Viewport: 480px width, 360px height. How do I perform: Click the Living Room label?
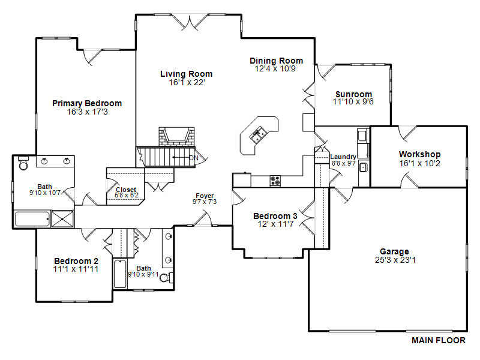pos(186,74)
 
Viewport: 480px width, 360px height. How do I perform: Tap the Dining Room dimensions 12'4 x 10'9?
pos(275,68)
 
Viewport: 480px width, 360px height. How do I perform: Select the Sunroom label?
pos(353,94)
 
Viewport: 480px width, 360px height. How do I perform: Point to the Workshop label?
pos(419,154)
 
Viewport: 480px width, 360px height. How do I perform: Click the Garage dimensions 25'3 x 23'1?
pos(395,260)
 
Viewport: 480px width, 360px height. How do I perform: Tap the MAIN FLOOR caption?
pos(439,340)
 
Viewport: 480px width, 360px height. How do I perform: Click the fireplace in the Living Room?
pos(176,137)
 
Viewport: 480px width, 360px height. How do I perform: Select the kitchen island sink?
pos(258,135)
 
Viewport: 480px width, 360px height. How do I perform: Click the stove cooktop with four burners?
pos(275,181)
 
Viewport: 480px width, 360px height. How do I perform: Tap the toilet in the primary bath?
pos(23,163)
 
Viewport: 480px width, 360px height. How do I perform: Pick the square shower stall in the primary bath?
pos(62,219)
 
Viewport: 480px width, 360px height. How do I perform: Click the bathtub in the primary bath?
pos(32,219)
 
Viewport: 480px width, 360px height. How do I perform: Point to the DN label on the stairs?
pos(194,158)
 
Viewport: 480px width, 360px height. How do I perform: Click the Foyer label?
pos(205,196)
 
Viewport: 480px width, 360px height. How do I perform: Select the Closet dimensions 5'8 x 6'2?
pos(127,196)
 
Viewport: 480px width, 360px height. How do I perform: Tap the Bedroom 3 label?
pos(275,216)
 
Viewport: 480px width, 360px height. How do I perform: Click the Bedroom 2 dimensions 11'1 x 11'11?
pos(76,269)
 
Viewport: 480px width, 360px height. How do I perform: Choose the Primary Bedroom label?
pos(87,103)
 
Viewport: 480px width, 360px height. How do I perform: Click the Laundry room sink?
pos(364,167)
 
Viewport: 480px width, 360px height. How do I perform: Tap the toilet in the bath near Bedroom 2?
pos(166,278)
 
